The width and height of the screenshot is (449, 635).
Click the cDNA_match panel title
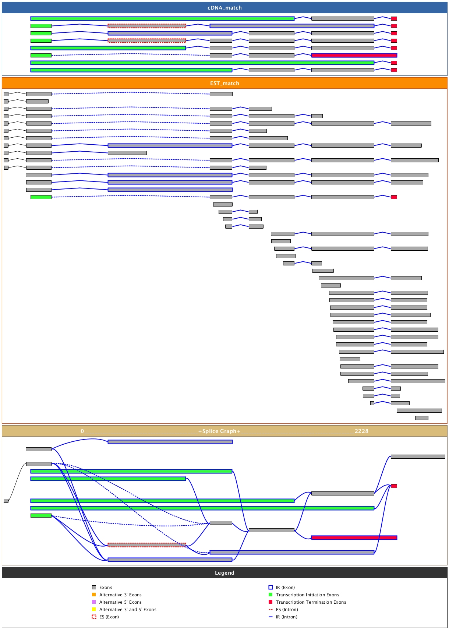coord(224,8)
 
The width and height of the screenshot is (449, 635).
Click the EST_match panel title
coord(224,83)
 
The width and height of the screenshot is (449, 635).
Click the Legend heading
coord(224,573)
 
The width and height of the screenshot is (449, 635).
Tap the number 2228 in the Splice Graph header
coord(361,431)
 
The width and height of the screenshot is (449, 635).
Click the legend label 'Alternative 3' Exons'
coord(120,595)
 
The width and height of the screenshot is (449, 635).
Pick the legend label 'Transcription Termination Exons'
coord(311,602)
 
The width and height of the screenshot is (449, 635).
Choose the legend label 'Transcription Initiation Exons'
coord(308,595)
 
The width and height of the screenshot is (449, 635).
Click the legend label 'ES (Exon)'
coord(109,617)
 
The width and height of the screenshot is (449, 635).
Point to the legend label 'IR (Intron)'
coord(287,617)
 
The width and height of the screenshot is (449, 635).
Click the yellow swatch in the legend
coord(94,610)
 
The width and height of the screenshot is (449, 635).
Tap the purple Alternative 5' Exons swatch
coord(94,602)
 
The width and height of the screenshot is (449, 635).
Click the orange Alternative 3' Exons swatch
coord(94,595)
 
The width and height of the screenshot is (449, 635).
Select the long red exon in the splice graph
coord(354,537)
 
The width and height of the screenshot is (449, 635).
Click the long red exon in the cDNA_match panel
coord(354,55)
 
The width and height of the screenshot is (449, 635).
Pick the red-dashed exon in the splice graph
coord(147,545)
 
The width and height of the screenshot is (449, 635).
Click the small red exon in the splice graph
coord(394,486)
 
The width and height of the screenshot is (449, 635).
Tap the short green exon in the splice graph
coord(41,515)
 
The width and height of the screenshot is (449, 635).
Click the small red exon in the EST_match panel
coord(394,197)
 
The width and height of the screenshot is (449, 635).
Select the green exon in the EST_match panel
coord(41,197)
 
